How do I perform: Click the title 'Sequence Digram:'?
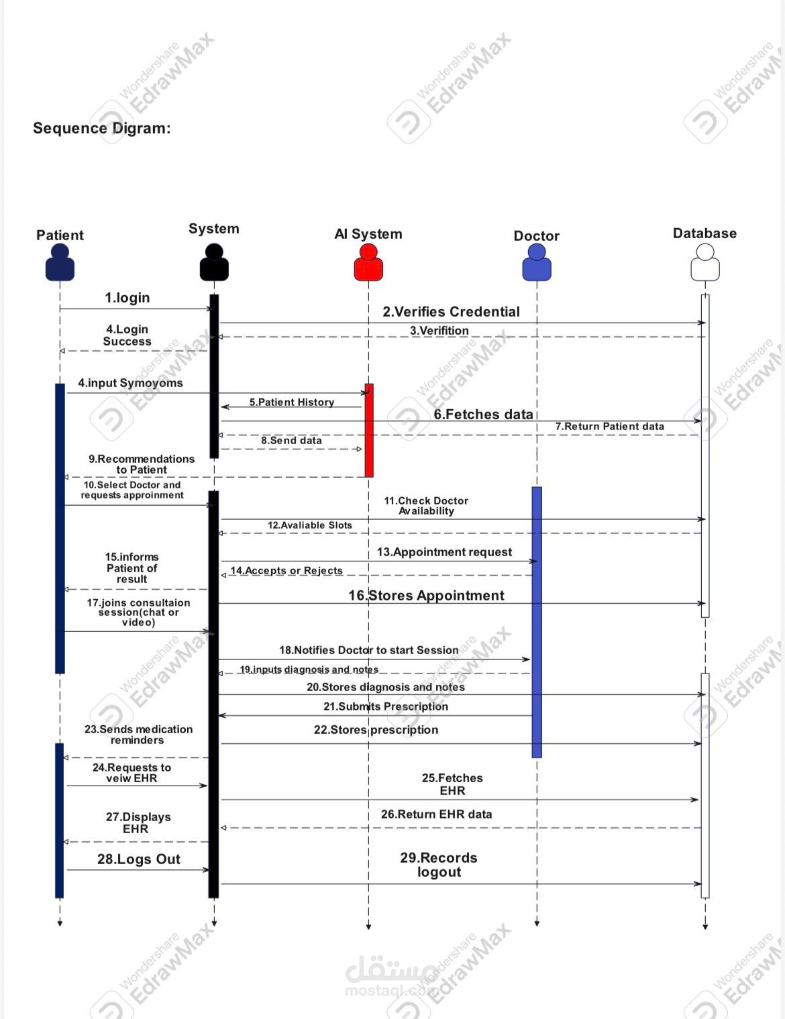pyautogui.click(x=102, y=128)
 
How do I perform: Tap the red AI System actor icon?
pyautogui.click(x=368, y=262)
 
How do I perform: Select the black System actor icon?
pyautogui.click(x=214, y=262)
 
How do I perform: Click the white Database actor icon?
pyautogui.click(x=704, y=262)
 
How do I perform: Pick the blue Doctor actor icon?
pyautogui.click(x=537, y=262)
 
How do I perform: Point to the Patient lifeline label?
pyautogui.click(x=60, y=235)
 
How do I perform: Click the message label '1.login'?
pyautogui.click(x=127, y=297)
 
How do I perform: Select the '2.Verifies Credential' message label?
pyautogui.click(x=451, y=311)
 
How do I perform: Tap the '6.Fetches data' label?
pyautogui.click(x=483, y=414)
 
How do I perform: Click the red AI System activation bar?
pyautogui.click(x=369, y=430)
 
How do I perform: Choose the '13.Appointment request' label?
pyautogui.click(x=444, y=551)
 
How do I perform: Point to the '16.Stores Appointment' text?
pyautogui.click(x=426, y=595)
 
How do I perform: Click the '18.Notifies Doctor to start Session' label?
pyautogui.click(x=369, y=650)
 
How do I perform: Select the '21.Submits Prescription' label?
pyautogui.click(x=386, y=706)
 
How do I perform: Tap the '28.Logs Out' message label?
pyautogui.click(x=139, y=859)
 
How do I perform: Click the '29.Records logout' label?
pyautogui.click(x=439, y=865)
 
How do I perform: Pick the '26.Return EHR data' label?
pyautogui.click(x=436, y=814)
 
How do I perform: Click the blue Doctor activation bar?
pyautogui.click(x=537, y=622)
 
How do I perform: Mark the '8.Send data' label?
pyautogui.click(x=291, y=440)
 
